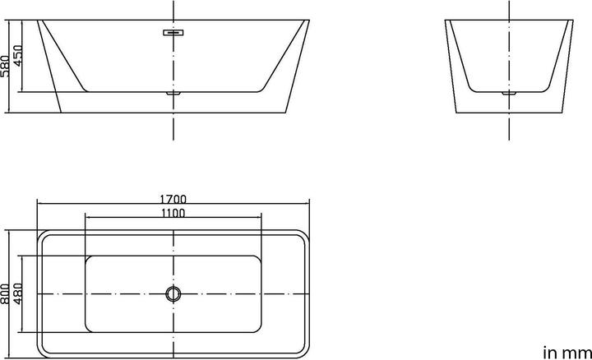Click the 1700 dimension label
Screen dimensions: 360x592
pos(173,199)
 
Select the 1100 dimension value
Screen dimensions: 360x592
pos(173,213)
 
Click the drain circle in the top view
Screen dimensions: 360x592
pos(173,293)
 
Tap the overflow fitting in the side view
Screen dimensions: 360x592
pos(173,34)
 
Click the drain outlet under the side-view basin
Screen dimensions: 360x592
pos(173,94)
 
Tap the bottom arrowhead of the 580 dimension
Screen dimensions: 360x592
pos(10,111)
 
